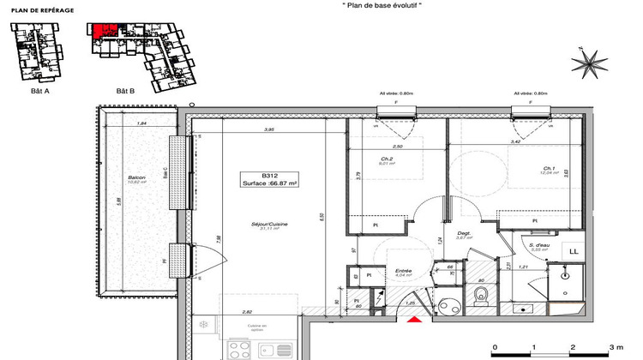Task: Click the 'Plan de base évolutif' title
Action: point(371,5)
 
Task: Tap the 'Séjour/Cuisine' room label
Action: point(269,224)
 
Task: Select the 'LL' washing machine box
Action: point(573,251)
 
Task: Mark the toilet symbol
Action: point(481,295)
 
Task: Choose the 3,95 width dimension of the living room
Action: point(267,129)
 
